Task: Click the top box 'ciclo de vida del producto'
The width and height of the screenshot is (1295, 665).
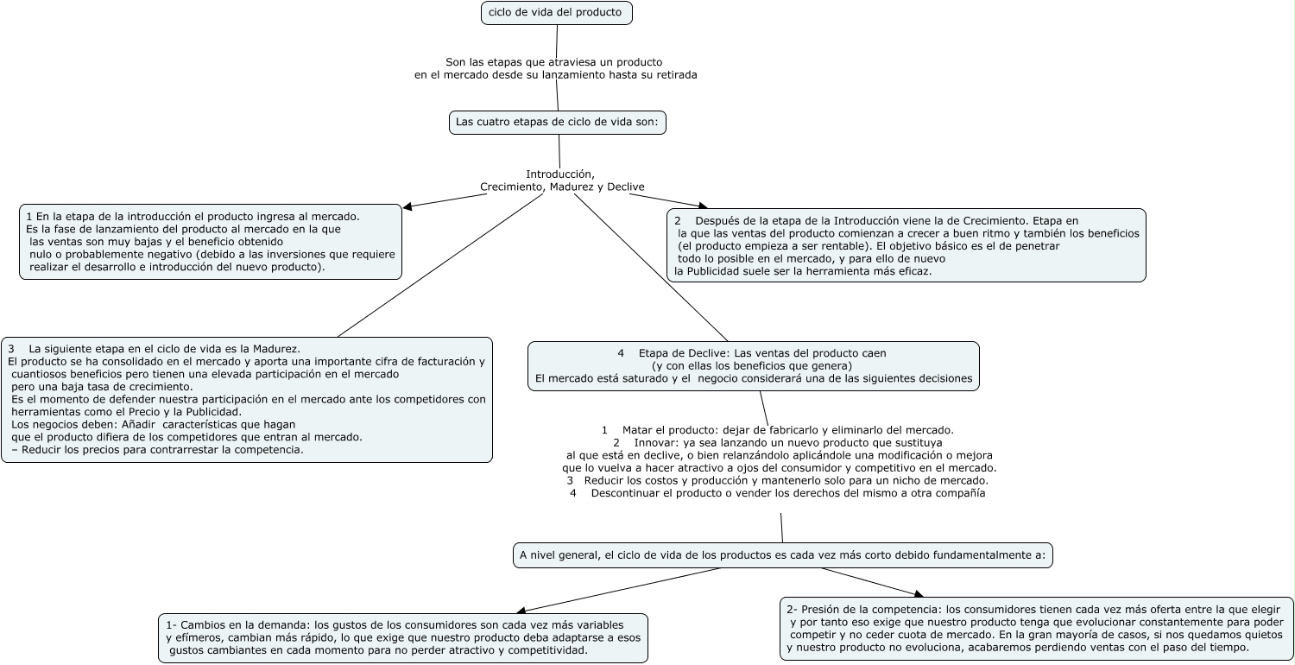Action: [557, 13]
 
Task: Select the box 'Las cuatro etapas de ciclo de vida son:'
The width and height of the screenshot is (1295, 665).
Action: [557, 123]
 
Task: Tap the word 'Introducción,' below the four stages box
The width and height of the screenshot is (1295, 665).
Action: [560, 174]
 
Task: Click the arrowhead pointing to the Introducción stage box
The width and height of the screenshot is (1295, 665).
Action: [407, 206]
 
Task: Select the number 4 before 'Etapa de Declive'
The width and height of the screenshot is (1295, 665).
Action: [621, 353]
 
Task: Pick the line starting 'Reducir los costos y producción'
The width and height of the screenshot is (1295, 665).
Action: [785, 480]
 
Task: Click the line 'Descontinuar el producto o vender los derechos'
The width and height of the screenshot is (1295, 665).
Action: [787, 493]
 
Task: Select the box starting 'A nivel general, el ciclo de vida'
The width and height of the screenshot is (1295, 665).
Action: [782, 554]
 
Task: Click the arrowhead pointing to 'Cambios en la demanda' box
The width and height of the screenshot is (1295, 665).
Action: [519, 611]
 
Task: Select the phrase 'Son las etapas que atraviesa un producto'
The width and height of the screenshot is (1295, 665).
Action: [553, 62]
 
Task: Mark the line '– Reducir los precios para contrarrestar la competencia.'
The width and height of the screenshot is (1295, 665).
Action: [158, 450]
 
